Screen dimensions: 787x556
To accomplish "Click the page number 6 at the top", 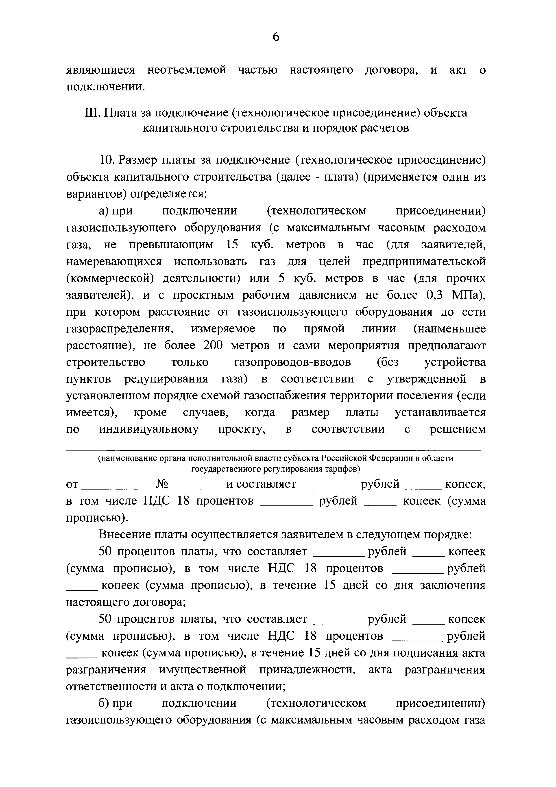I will [276, 36].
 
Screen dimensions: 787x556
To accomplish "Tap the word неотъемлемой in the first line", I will [186, 70].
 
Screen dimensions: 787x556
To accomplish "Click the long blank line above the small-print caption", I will [273, 450].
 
